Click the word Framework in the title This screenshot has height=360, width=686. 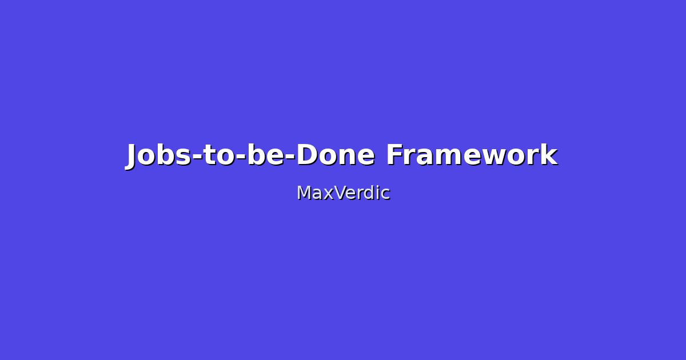471,155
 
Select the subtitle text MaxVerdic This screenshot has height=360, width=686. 343,193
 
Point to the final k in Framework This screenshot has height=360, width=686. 550,155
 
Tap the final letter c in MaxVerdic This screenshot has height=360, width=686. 385,194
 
